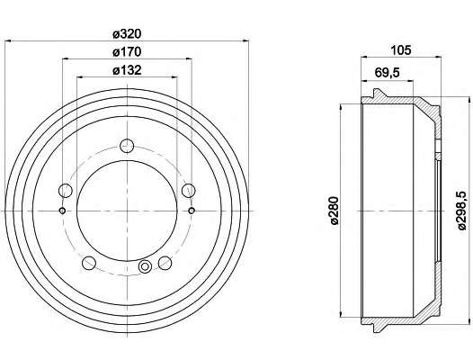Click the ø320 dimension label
pyautogui.click(x=127, y=34)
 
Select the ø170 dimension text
pyautogui.click(x=127, y=52)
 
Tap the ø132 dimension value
pyautogui.click(x=127, y=70)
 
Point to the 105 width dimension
pyautogui.click(x=401, y=50)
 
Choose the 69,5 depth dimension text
pyautogui.click(x=387, y=73)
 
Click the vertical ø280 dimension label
pyautogui.click(x=335, y=211)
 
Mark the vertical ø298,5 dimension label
pyautogui.click(x=462, y=211)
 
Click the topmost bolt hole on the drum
pyautogui.click(x=127, y=146)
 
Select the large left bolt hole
pyautogui.click(x=65, y=190)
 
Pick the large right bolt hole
pyautogui.click(x=189, y=190)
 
